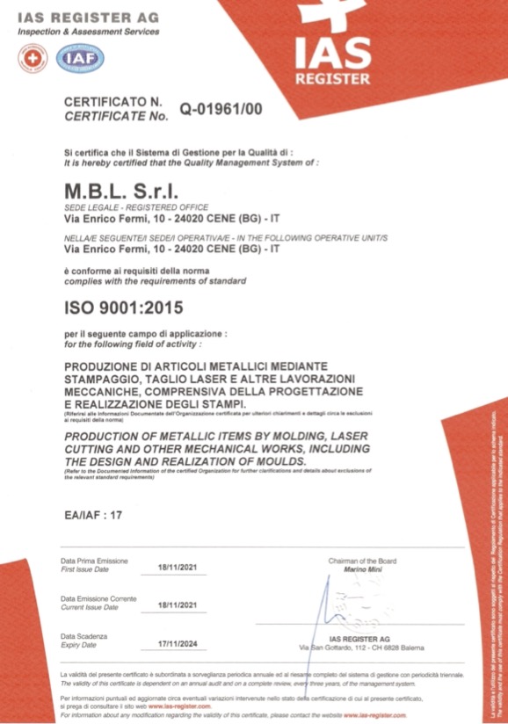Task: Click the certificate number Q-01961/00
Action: coord(221,109)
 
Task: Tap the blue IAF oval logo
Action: coord(80,58)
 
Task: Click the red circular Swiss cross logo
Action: coord(34,58)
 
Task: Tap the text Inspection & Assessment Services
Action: coord(88,33)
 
